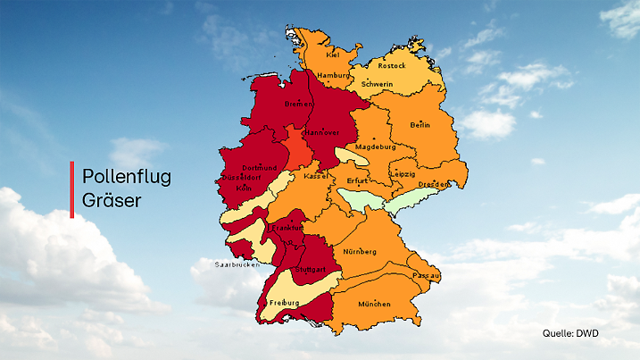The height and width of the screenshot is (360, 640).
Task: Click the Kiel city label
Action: coord(333,54)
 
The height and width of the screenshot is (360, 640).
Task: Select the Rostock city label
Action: coord(391,65)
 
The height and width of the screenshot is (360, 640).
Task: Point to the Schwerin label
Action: coord(377,84)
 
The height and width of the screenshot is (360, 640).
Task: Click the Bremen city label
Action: coord(298,104)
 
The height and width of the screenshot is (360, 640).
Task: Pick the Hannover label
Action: coord(319,132)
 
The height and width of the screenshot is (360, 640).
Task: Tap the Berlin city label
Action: coord(420,125)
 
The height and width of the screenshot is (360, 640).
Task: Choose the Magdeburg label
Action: coord(375,147)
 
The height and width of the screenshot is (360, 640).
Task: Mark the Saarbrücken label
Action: coord(237,265)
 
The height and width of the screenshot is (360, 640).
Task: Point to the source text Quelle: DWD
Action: coord(570,333)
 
